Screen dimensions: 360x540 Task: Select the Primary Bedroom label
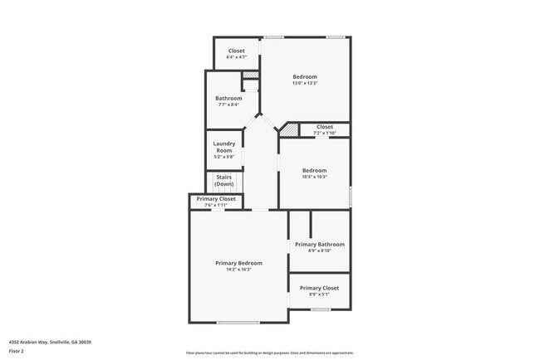[238, 263]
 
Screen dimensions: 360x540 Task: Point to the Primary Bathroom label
[319, 245]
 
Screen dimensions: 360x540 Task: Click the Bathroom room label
[228, 98]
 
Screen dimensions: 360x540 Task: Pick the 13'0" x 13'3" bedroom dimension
[304, 83]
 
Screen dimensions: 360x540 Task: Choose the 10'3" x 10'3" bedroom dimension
[314, 177]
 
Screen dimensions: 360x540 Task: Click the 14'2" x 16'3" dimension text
[238, 270]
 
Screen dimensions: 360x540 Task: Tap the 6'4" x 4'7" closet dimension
[237, 57]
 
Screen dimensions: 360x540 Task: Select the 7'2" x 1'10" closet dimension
[324, 133]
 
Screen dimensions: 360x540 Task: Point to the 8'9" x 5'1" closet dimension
[319, 294]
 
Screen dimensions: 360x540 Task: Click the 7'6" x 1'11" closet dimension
[216, 205]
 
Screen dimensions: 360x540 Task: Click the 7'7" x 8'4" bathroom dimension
[228, 105]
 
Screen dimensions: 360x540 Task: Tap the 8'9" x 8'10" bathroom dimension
[319, 251]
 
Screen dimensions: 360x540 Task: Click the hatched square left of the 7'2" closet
[288, 131]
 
